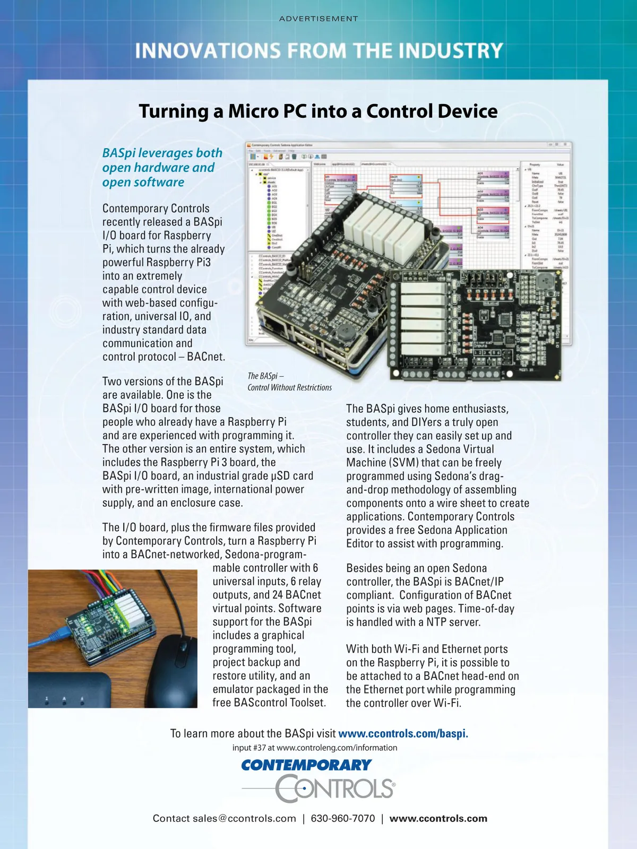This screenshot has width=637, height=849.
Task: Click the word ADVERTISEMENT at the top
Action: coord(318,19)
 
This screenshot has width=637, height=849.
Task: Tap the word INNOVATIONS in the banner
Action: coord(208,51)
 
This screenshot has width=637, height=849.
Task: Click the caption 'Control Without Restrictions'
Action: coord(289,388)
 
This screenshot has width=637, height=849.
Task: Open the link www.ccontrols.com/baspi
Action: coord(403,734)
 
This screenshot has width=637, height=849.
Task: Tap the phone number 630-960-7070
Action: coord(343,818)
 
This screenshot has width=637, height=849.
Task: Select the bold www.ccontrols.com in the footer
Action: coord(438,818)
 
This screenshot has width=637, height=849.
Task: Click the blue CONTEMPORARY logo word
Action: coord(306,765)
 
